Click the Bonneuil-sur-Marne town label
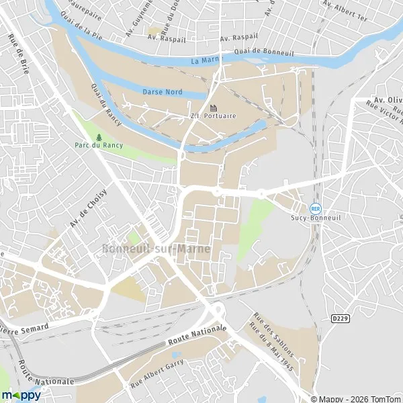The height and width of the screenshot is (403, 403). tap(156, 249)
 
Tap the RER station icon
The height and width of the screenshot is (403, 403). tap(315, 209)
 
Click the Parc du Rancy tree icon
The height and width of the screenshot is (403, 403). tap(99, 137)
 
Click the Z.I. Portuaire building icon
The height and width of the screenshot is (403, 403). tap(214, 107)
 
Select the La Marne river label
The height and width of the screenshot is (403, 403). tap(206, 60)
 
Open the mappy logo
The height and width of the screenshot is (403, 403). tap(21, 395)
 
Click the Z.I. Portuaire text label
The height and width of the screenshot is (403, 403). tap(216, 116)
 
